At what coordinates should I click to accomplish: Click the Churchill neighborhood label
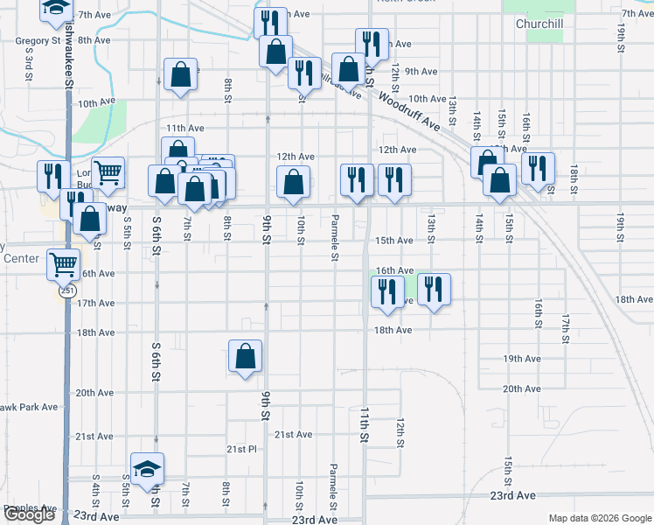click(x=538, y=24)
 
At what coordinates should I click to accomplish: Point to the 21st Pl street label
click(x=241, y=449)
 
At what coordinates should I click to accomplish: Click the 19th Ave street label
click(x=522, y=359)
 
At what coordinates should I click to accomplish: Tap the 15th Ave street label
click(x=393, y=241)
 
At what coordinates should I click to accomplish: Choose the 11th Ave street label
click(x=184, y=128)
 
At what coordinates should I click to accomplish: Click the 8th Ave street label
click(x=94, y=40)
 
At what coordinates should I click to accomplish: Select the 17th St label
click(x=566, y=327)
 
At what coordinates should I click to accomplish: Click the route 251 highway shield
click(x=67, y=292)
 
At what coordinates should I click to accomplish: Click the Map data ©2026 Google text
click(x=599, y=518)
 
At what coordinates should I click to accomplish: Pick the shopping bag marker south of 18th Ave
click(x=246, y=356)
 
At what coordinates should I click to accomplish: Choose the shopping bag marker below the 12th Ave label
click(x=294, y=182)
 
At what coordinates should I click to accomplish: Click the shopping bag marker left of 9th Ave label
click(x=348, y=68)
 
